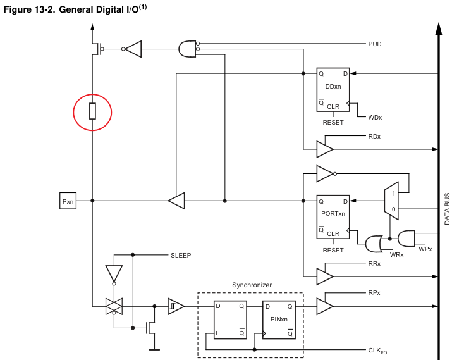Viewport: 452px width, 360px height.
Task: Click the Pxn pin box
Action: (x=68, y=201)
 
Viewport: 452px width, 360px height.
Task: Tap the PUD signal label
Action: (x=375, y=44)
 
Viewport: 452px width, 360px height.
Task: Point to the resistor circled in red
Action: (x=92, y=112)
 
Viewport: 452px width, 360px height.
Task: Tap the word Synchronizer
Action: (x=252, y=285)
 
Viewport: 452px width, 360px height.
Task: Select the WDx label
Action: (x=375, y=118)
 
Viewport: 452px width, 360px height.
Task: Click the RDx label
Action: (x=374, y=137)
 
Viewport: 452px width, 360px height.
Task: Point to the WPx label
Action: (x=425, y=249)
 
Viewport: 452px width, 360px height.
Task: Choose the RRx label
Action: (x=374, y=263)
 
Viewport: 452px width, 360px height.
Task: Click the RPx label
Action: (x=374, y=294)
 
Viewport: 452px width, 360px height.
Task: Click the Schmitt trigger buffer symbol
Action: (x=176, y=306)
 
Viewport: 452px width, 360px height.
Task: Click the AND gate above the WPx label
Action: (x=406, y=237)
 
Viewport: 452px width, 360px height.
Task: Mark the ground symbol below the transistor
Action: (x=154, y=348)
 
